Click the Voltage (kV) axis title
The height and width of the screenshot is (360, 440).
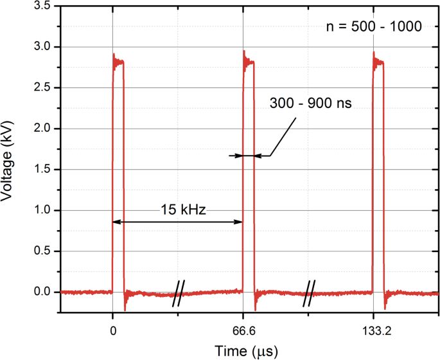[x=11, y=159]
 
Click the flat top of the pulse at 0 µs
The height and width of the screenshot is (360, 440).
[x=118, y=62]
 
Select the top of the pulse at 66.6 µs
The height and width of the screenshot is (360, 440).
[x=249, y=62]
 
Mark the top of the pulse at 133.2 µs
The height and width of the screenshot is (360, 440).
[x=379, y=62]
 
